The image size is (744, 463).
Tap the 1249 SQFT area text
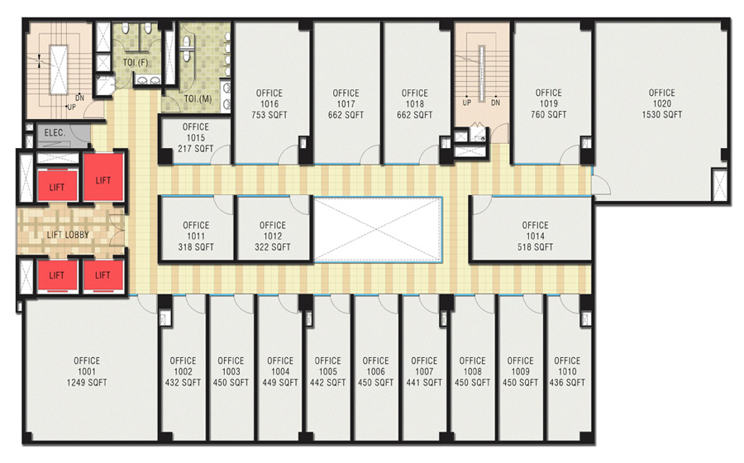[x=87, y=382]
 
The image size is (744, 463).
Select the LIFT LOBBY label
[x=68, y=234]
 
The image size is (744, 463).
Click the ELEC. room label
[x=55, y=133]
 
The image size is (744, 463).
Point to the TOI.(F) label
[x=136, y=63]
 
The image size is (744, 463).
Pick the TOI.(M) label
[x=198, y=98]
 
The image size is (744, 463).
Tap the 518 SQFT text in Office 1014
[x=535, y=246]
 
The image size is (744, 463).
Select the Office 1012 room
[x=273, y=229]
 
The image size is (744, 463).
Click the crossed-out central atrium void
[x=378, y=230]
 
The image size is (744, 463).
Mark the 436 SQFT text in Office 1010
[x=567, y=382]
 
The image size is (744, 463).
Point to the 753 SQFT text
[x=269, y=115]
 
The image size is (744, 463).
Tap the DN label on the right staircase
[x=496, y=103]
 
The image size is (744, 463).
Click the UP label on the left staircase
[x=71, y=107]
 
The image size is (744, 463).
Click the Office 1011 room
[x=196, y=229]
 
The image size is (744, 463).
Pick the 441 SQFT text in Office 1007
[x=424, y=382]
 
